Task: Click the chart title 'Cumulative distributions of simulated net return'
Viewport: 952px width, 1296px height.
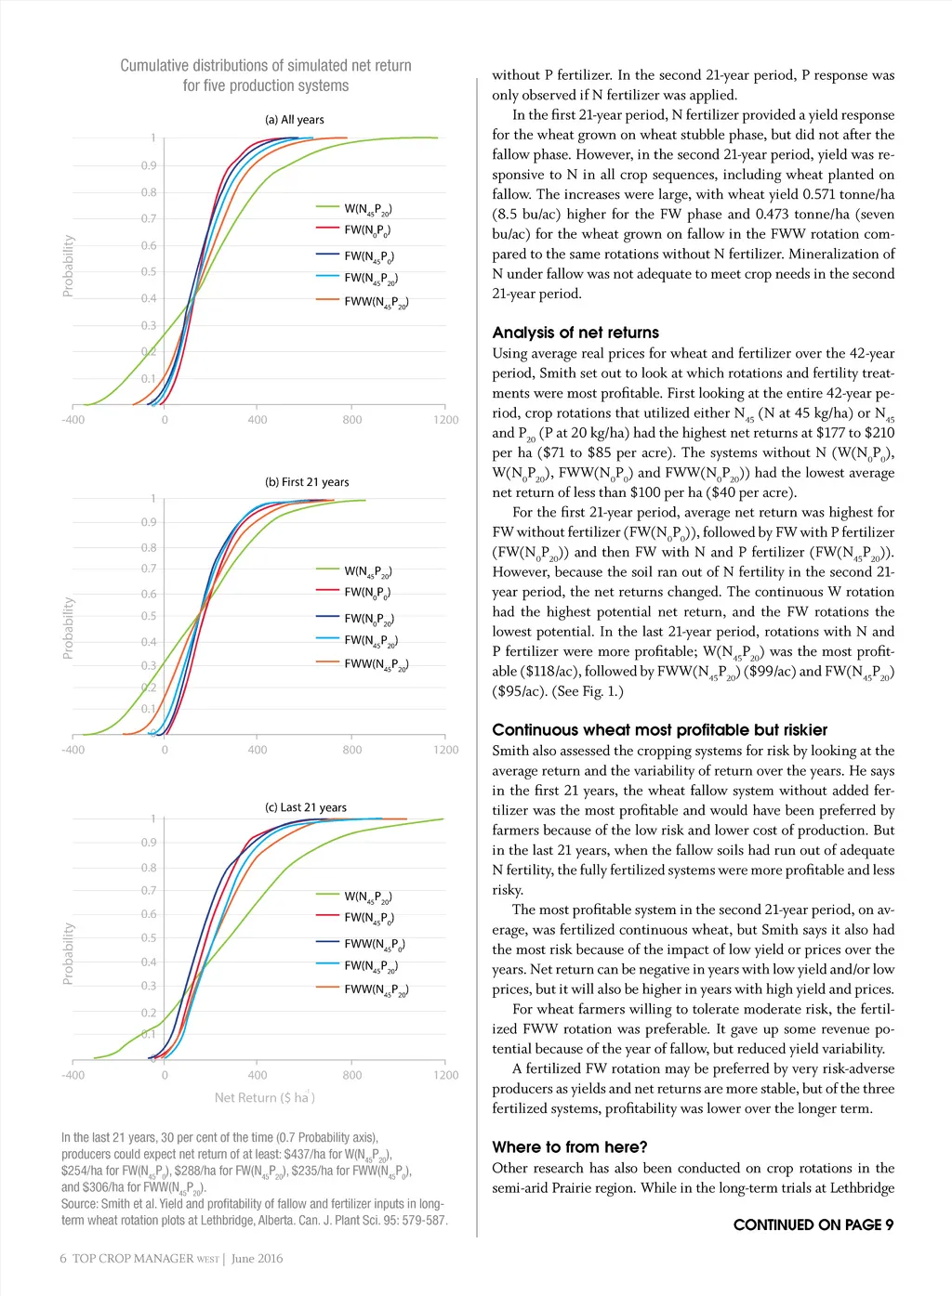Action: click(266, 66)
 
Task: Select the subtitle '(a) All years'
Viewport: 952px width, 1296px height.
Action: click(295, 120)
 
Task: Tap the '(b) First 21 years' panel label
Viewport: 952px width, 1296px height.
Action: click(307, 482)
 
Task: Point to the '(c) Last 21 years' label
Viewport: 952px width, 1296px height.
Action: click(306, 807)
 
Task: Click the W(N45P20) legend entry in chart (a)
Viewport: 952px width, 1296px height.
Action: click(367, 210)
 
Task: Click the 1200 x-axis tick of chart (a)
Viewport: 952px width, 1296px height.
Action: click(446, 420)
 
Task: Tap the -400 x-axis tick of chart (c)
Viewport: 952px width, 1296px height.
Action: click(73, 1076)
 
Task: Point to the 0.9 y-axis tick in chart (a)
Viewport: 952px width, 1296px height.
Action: click(149, 165)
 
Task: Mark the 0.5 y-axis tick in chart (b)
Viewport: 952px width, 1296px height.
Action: click(149, 616)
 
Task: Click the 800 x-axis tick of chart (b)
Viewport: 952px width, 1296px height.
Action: click(352, 750)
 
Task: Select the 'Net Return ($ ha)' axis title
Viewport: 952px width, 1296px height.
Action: click(264, 1098)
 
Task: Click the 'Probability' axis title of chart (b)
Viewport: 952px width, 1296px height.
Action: click(68, 628)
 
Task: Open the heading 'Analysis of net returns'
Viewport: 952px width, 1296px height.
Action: click(575, 333)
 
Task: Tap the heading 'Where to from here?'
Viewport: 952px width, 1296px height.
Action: click(570, 1147)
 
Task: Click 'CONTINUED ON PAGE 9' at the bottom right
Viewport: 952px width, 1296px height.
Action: click(813, 1224)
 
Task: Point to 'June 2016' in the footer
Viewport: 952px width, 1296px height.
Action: click(258, 1259)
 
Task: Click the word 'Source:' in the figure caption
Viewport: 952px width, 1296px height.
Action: click(82, 1204)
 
